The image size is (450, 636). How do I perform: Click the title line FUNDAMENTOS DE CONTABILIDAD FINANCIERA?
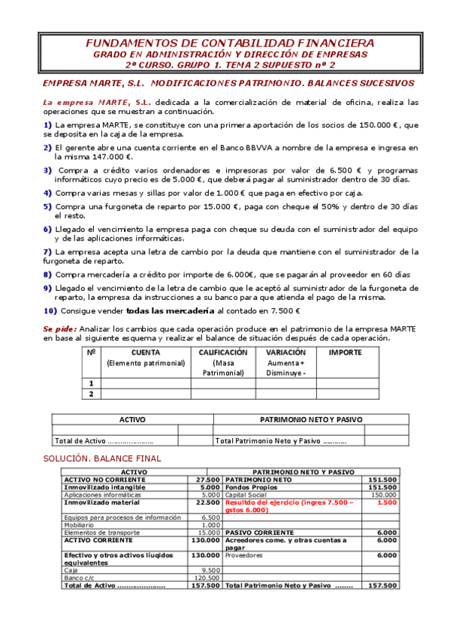(225, 43)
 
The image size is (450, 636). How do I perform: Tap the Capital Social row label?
(245, 495)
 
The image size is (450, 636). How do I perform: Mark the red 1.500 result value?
(386, 503)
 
